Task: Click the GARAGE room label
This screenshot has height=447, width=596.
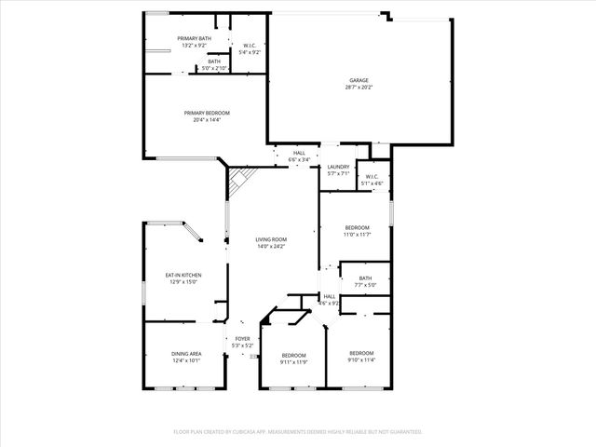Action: click(359, 81)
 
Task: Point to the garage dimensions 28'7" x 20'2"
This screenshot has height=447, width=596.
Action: click(359, 88)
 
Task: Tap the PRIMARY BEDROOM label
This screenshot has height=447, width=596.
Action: click(207, 113)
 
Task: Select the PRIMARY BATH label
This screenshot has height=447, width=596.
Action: click(195, 38)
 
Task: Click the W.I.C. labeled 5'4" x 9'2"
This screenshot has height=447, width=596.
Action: click(250, 46)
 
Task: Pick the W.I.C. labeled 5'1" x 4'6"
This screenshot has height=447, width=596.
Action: click(372, 177)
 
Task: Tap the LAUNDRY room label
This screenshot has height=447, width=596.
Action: click(338, 168)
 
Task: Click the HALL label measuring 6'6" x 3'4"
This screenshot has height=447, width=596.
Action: click(299, 153)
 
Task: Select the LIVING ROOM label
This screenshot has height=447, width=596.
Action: click(271, 239)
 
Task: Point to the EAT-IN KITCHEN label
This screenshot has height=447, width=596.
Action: click(183, 275)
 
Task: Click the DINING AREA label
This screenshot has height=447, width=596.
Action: click(186, 354)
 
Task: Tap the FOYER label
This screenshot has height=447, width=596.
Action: click(242, 339)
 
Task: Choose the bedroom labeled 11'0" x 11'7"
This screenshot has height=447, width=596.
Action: click(358, 227)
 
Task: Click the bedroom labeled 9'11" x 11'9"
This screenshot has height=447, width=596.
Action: click(294, 355)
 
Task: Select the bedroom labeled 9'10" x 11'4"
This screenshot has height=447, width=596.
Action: click(361, 353)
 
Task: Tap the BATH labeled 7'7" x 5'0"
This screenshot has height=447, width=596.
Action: click(365, 278)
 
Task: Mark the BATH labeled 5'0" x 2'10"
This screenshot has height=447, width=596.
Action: click(214, 61)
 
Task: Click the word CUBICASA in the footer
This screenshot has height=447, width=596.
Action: click(276, 432)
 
